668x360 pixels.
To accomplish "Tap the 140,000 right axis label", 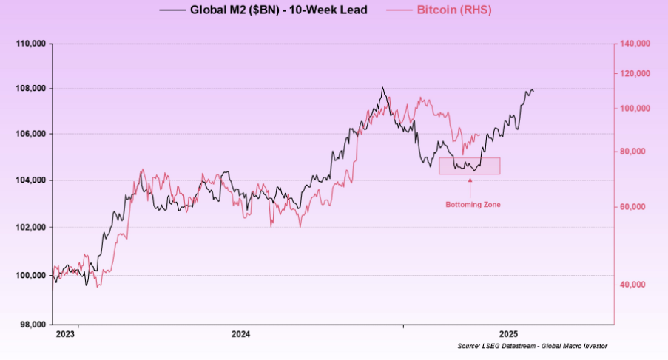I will (633, 44).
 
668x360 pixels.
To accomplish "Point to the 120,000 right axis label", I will (633, 74).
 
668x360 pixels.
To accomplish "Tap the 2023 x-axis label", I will (66, 335).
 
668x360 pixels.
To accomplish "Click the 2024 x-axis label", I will (240, 335).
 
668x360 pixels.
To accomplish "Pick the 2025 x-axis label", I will (508, 335).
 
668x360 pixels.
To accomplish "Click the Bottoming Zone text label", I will (472, 205).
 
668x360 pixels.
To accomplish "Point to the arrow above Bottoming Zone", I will (470, 186).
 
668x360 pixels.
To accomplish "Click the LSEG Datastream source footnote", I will (532, 346).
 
